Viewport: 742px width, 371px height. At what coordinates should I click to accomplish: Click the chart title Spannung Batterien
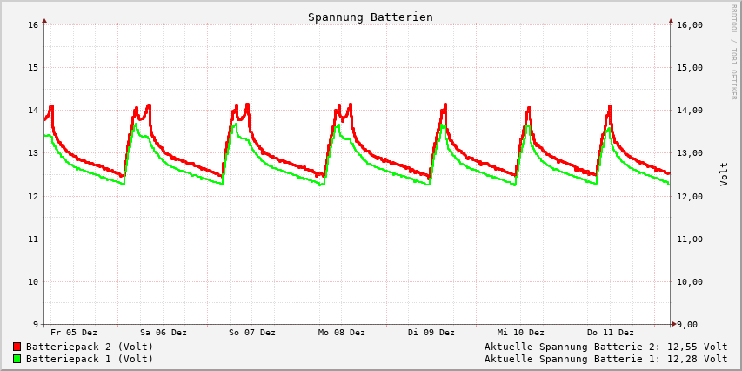tap(370, 17)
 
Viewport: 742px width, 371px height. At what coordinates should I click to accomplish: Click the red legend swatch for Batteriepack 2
tap(17, 347)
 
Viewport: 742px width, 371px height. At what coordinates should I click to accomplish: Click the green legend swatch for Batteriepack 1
tap(17, 359)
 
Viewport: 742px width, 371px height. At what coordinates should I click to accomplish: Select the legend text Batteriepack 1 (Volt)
tap(90, 359)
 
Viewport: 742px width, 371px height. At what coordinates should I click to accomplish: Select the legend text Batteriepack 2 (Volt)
tap(90, 347)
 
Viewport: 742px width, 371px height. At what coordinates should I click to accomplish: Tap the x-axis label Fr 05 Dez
tap(74, 333)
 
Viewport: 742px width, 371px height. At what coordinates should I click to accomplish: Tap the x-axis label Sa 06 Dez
tap(164, 333)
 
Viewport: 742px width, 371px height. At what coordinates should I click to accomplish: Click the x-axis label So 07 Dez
tap(252, 333)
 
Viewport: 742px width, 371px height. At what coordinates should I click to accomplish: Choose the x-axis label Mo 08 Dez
tap(342, 333)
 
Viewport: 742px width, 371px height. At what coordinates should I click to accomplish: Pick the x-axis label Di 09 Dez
tap(431, 333)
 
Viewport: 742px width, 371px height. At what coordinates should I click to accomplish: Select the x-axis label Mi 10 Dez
tap(521, 333)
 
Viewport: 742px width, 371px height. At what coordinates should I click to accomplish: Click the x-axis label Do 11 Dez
tap(611, 333)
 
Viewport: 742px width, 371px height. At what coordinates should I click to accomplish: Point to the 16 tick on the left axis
tap(34, 24)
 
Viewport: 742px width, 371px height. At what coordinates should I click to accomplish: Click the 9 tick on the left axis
tap(37, 325)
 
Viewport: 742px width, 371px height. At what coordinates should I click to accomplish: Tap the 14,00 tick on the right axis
tap(689, 111)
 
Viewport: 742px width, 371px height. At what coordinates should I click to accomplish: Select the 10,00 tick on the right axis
tap(689, 282)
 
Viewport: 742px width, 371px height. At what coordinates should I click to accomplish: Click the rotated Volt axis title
tap(724, 173)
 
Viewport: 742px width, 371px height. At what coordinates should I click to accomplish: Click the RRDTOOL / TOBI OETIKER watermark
tap(733, 52)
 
